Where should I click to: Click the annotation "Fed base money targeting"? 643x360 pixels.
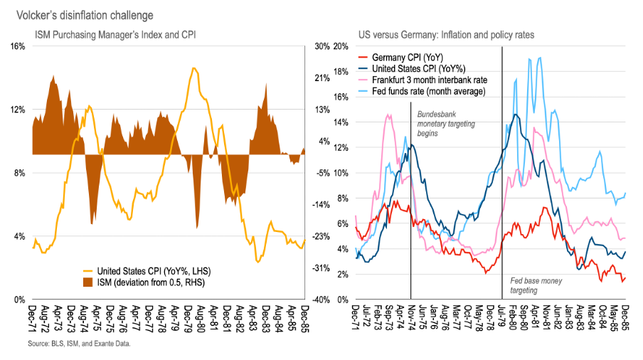(536, 286)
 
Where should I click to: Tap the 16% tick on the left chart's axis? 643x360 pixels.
(17, 46)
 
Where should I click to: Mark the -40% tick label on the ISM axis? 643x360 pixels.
(320, 300)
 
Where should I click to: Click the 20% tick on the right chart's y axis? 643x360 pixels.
(340, 46)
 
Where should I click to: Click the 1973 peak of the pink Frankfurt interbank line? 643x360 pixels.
(388, 115)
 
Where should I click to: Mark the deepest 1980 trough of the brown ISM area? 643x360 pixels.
(196, 227)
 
